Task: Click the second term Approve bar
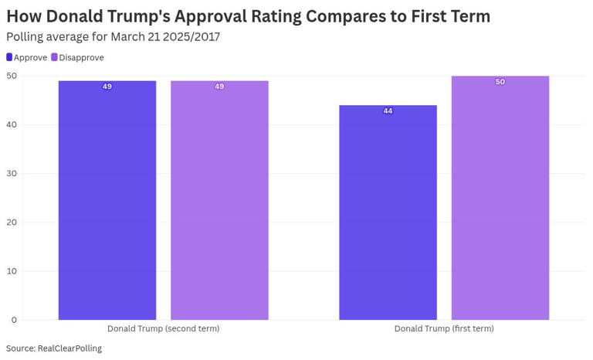pyautogui.click(x=107, y=201)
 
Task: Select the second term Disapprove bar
pyautogui.click(x=219, y=201)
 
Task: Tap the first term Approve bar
pyautogui.click(x=388, y=213)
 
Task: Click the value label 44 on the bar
pyautogui.click(x=388, y=111)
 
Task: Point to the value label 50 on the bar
pyautogui.click(x=500, y=82)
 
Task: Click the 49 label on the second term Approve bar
pyautogui.click(x=107, y=87)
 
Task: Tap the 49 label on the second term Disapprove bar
pyautogui.click(x=219, y=87)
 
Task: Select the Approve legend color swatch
pyautogui.click(x=9, y=57)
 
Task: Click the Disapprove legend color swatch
pyautogui.click(x=55, y=57)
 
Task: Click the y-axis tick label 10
pyautogui.click(x=12, y=271)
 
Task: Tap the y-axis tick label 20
pyautogui.click(x=12, y=222)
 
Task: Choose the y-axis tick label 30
pyautogui.click(x=12, y=173)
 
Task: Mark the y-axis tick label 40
pyautogui.click(x=12, y=124)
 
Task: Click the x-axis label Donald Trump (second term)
pyautogui.click(x=163, y=328)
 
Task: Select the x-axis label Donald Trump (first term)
pyautogui.click(x=444, y=328)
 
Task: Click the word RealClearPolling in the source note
pyautogui.click(x=69, y=348)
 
